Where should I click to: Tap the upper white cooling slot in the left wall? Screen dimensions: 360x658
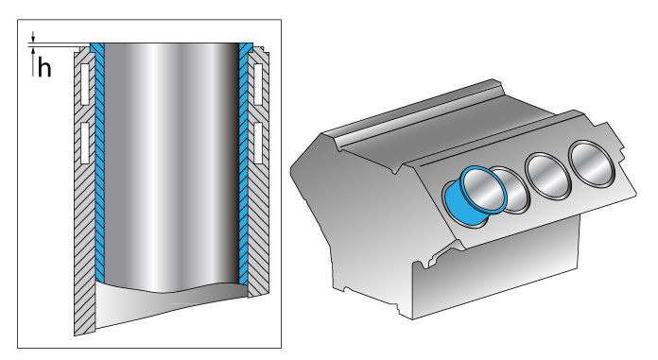pos(85,83)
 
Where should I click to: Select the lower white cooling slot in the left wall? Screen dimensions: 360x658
pos(85,142)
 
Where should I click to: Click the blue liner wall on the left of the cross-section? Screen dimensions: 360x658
pos(97,170)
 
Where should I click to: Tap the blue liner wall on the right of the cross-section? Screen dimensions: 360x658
pos(244,170)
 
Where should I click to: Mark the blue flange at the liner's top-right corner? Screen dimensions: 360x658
pos(247,46)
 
